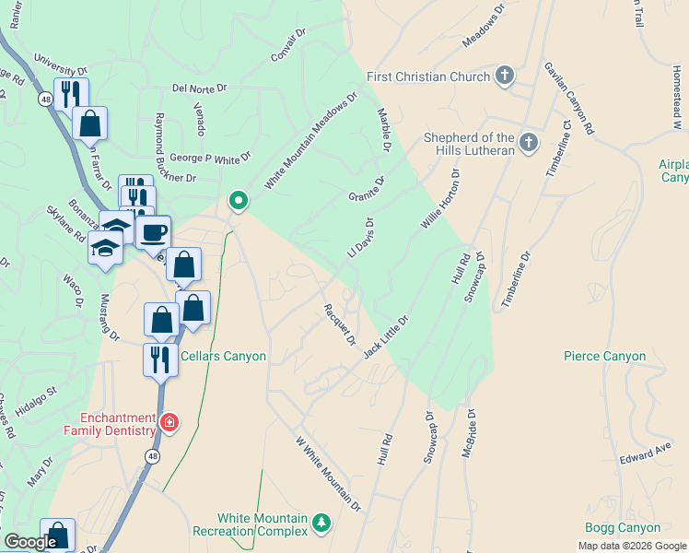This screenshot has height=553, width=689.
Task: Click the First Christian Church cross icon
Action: click(504, 76)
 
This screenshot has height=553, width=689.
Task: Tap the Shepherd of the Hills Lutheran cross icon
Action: click(528, 142)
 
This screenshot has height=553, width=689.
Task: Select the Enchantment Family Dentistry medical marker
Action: click(169, 423)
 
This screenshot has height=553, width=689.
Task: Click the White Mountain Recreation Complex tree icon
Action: click(321, 524)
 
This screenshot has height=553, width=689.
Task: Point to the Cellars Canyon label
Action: click(223, 357)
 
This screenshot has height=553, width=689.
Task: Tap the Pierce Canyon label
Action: click(604, 356)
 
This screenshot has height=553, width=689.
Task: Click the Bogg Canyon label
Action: click(623, 528)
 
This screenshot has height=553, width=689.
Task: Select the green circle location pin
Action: click(238, 199)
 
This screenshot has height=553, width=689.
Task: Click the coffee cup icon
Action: click(153, 232)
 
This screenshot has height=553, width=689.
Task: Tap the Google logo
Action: click(29, 542)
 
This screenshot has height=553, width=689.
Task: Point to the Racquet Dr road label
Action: click(338, 324)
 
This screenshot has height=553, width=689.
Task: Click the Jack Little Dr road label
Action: click(384, 337)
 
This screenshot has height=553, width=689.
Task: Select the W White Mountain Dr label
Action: click(327, 475)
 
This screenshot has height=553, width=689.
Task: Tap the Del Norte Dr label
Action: click(198, 89)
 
